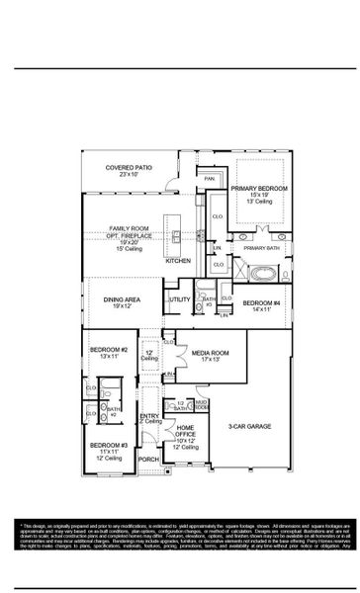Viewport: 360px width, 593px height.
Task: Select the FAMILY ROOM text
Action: [128, 228]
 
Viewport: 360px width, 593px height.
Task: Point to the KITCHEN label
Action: [178, 261]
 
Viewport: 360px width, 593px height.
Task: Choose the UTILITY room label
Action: [179, 298]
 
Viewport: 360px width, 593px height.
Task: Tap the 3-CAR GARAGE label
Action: [250, 426]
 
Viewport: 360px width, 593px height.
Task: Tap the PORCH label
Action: [148, 460]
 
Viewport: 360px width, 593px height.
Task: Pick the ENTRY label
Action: [149, 416]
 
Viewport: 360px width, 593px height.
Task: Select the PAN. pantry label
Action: [210, 178]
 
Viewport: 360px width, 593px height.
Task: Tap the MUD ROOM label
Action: [201, 404]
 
